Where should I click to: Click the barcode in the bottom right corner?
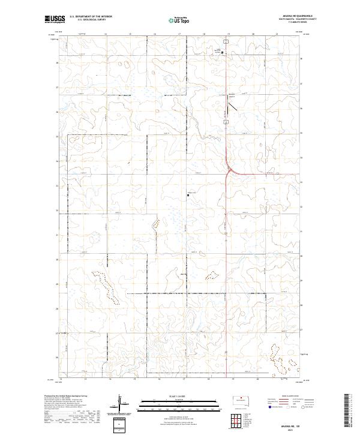348,410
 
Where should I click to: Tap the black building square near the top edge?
223,53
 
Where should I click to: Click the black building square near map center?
188,195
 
